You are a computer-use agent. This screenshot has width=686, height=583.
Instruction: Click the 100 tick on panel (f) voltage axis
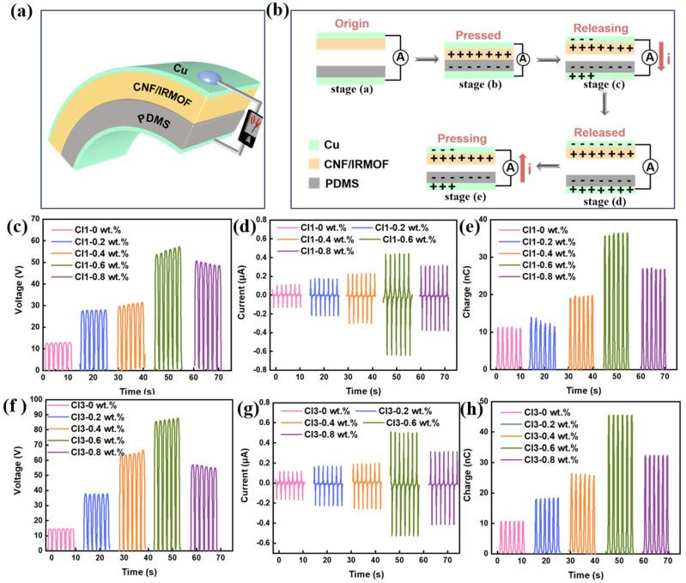30,401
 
